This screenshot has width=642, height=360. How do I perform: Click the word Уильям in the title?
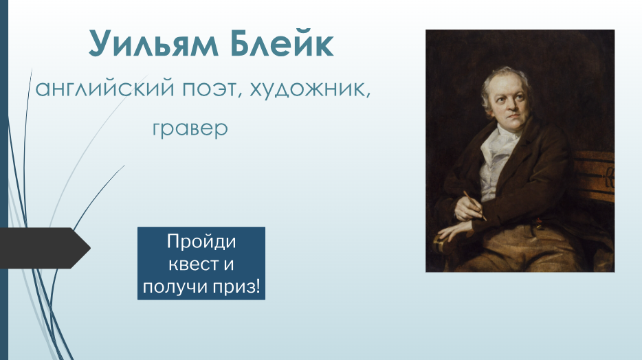tap(153, 43)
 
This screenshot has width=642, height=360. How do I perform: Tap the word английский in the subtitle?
tap(104, 88)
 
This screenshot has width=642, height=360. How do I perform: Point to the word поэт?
tap(209, 89)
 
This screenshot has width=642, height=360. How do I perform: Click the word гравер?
tap(190, 129)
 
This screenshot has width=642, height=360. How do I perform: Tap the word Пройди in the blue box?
tap(201, 242)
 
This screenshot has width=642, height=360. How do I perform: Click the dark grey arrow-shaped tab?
tap(45, 248)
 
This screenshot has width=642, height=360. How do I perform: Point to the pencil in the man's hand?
tap(475, 206)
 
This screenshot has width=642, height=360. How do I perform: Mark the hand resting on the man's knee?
tap(455, 230)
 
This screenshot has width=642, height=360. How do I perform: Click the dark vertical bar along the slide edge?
tap(4, 180)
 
